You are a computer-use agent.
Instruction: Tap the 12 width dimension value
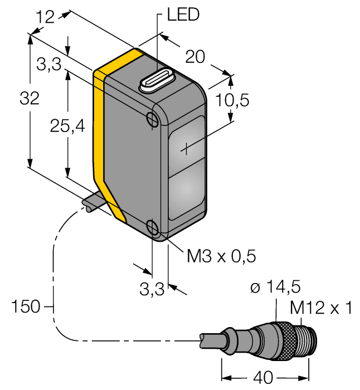point(46,17)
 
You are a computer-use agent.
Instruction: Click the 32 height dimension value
point(29,99)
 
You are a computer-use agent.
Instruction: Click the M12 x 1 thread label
point(322,307)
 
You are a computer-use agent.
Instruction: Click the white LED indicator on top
point(157,81)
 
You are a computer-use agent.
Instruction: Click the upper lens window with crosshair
point(185,148)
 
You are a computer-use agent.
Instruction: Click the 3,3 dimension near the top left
point(48,66)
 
